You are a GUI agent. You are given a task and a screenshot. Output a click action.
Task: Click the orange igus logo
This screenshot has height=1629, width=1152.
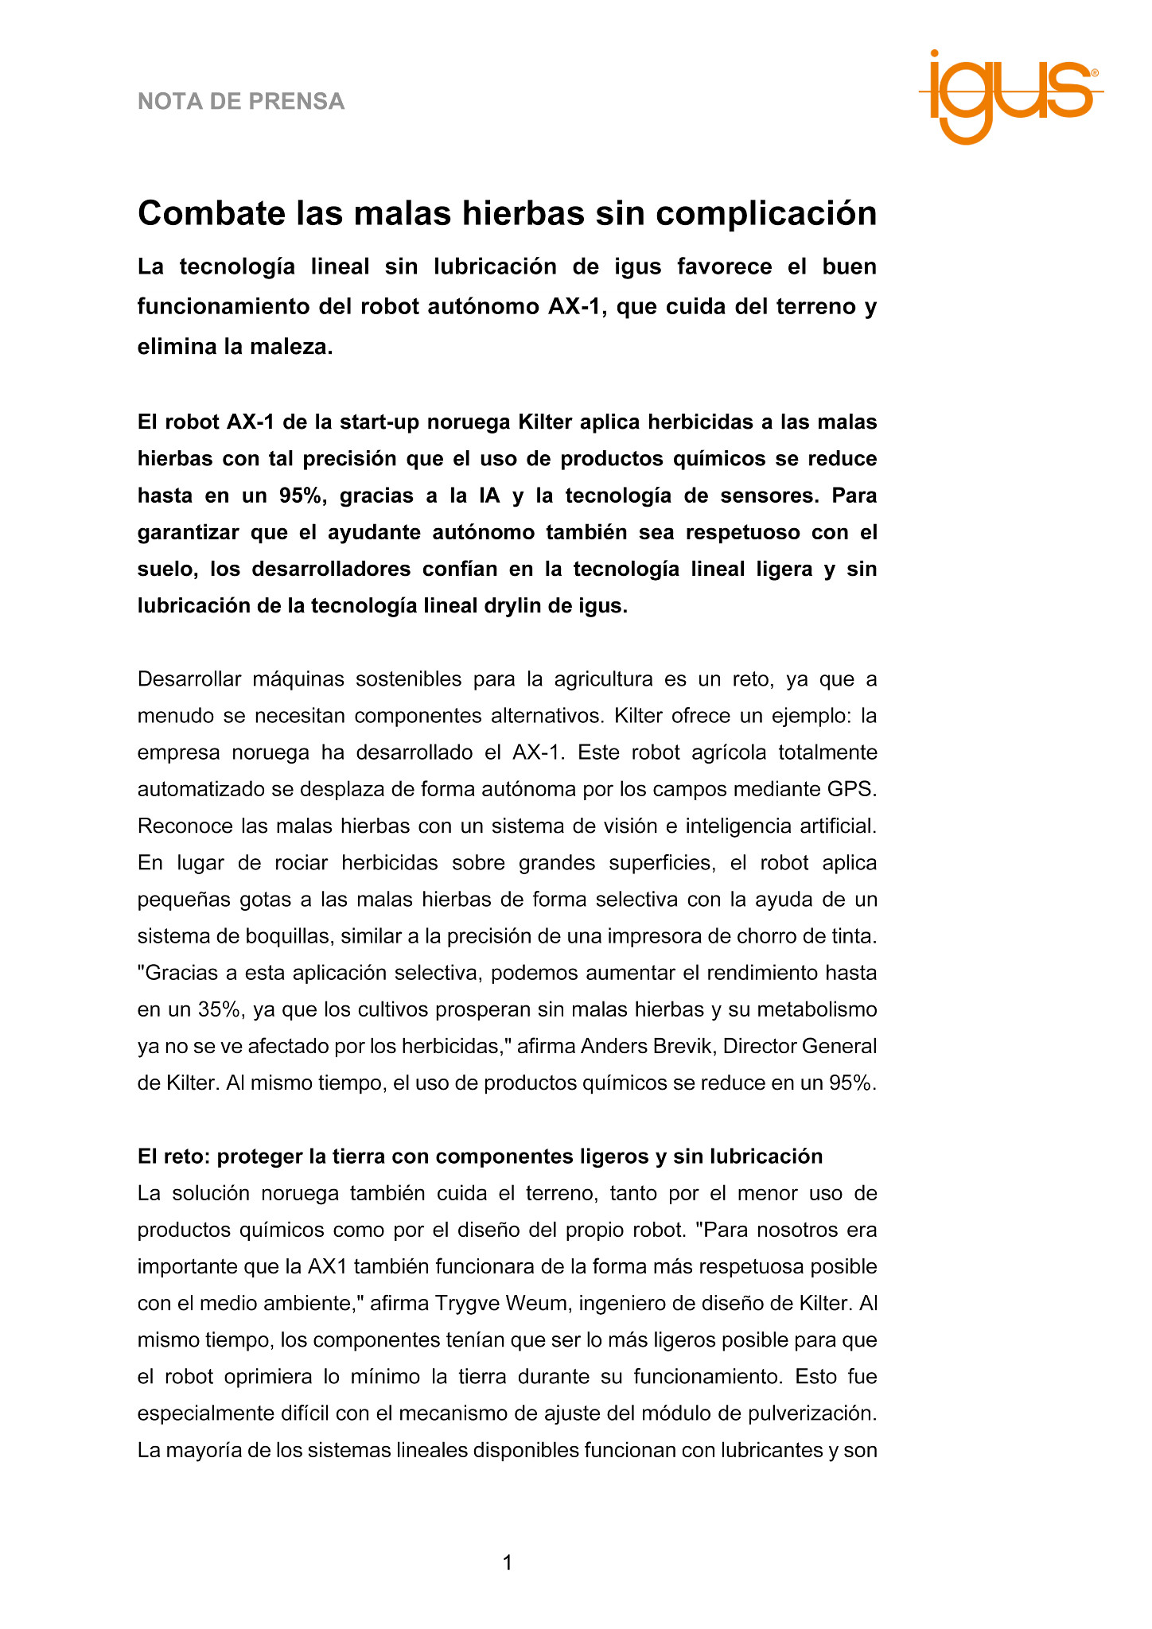(1010, 95)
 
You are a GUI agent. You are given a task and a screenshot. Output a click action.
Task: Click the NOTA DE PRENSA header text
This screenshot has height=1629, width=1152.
(241, 102)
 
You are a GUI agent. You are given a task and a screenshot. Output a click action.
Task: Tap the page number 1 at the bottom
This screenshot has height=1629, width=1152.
(508, 1563)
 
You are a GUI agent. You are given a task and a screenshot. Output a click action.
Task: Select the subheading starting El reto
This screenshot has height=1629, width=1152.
(480, 1156)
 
